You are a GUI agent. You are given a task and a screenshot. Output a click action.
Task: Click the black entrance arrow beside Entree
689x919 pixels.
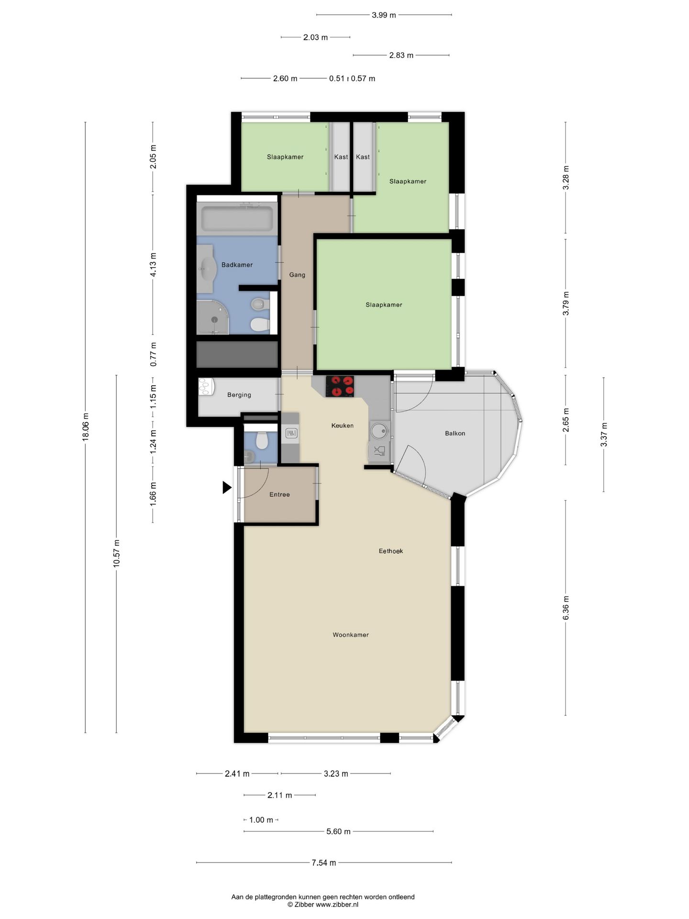(x=226, y=488)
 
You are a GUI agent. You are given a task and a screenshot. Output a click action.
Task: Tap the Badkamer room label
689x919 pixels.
(x=237, y=265)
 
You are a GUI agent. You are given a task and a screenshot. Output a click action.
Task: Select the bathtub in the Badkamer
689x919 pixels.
(x=237, y=218)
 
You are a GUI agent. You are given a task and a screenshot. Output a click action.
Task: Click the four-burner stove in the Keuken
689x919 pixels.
(x=340, y=386)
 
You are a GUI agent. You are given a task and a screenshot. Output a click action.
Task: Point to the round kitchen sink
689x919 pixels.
(x=380, y=429)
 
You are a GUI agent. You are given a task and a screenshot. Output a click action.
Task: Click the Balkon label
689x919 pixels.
(x=455, y=433)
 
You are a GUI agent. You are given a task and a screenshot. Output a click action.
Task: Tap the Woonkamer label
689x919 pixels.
(x=351, y=635)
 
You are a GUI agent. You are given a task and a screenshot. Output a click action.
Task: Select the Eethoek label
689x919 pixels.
(x=391, y=551)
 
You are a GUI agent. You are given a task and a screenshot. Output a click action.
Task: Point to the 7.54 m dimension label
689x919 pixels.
(x=323, y=863)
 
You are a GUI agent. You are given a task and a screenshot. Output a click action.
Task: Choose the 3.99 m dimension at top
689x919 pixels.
(x=384, y=15)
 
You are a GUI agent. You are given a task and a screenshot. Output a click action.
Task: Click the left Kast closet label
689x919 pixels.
(x=341, y=157)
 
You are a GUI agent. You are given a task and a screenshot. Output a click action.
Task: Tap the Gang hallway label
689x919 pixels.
(x=297, y=275)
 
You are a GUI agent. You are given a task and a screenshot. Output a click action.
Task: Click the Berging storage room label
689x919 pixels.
(x=239, y=395)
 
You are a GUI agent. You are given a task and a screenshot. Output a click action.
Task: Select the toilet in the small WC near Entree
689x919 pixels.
(x=261, y=440)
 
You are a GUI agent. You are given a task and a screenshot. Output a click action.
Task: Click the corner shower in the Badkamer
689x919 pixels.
(x=212, y=318)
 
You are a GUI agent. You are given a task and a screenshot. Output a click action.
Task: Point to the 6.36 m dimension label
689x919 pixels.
(x=566, y=608)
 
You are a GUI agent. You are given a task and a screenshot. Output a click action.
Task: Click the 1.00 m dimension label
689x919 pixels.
(x=261, y=820)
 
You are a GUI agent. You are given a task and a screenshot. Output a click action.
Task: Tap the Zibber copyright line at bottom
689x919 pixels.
(x=322, y=905)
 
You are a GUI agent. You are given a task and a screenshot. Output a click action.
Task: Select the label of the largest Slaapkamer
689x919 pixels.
(x=384, y=304)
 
